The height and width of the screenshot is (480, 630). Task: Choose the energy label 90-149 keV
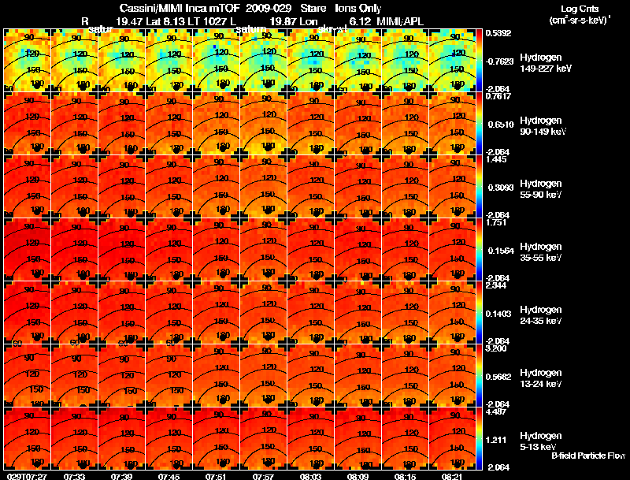click(545, 132)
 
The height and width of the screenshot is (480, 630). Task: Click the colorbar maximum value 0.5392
click(497, 33)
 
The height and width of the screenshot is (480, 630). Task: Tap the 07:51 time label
click(216, 476)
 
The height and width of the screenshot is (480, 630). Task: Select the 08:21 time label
click(452, 476)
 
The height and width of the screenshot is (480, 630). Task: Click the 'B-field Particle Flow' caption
click(587, 456)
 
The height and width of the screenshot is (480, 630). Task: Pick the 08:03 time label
click(310, 476)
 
